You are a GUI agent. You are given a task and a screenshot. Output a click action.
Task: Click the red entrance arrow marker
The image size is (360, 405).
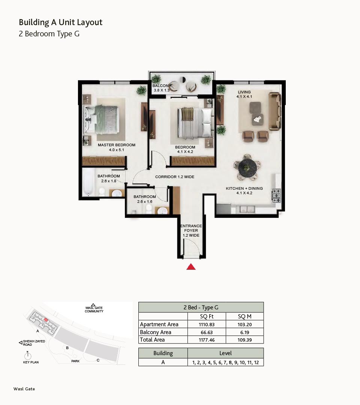pos(191,267)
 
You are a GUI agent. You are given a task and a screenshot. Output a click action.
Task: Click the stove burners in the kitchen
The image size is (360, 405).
pos(276,195)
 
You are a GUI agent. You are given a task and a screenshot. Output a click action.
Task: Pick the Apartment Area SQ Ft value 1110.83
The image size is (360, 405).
pos(207,325)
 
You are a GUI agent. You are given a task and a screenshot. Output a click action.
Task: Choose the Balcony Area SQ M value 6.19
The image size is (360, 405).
pos(244,332)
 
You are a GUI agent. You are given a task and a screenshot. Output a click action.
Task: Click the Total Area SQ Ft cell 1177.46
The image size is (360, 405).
pos(207,340)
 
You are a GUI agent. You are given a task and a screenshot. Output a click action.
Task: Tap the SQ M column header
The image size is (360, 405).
pos(244,316)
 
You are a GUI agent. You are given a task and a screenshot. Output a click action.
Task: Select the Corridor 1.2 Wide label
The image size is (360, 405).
pos(175,177)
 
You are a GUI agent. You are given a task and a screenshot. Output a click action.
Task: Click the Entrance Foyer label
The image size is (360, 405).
pos(191,228)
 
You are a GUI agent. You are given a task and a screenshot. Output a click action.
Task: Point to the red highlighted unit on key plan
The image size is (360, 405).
pos(46,320)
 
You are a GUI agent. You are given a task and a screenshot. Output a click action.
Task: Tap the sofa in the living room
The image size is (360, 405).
pos(274,111)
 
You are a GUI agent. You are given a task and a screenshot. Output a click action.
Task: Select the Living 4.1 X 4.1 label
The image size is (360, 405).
pos(244,94)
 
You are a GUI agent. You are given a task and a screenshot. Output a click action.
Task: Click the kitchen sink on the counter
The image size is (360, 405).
pos(247,209)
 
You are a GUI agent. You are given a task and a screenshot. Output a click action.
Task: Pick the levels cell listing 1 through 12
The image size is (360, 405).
pos(225,362)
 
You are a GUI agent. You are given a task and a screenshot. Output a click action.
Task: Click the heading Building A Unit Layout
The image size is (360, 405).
pos(61,22)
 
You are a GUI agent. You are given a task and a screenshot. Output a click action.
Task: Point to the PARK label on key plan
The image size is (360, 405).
pos(75,361)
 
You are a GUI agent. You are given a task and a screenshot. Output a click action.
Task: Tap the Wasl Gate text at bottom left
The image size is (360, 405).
pos(24,389)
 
